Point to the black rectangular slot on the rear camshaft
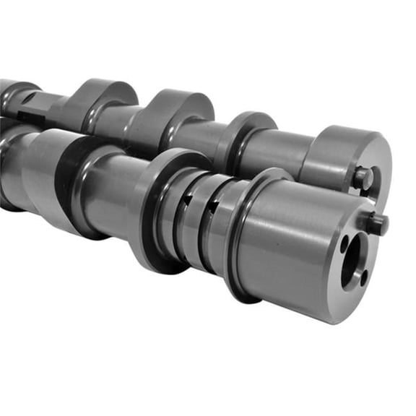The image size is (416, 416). pos(29,116)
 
